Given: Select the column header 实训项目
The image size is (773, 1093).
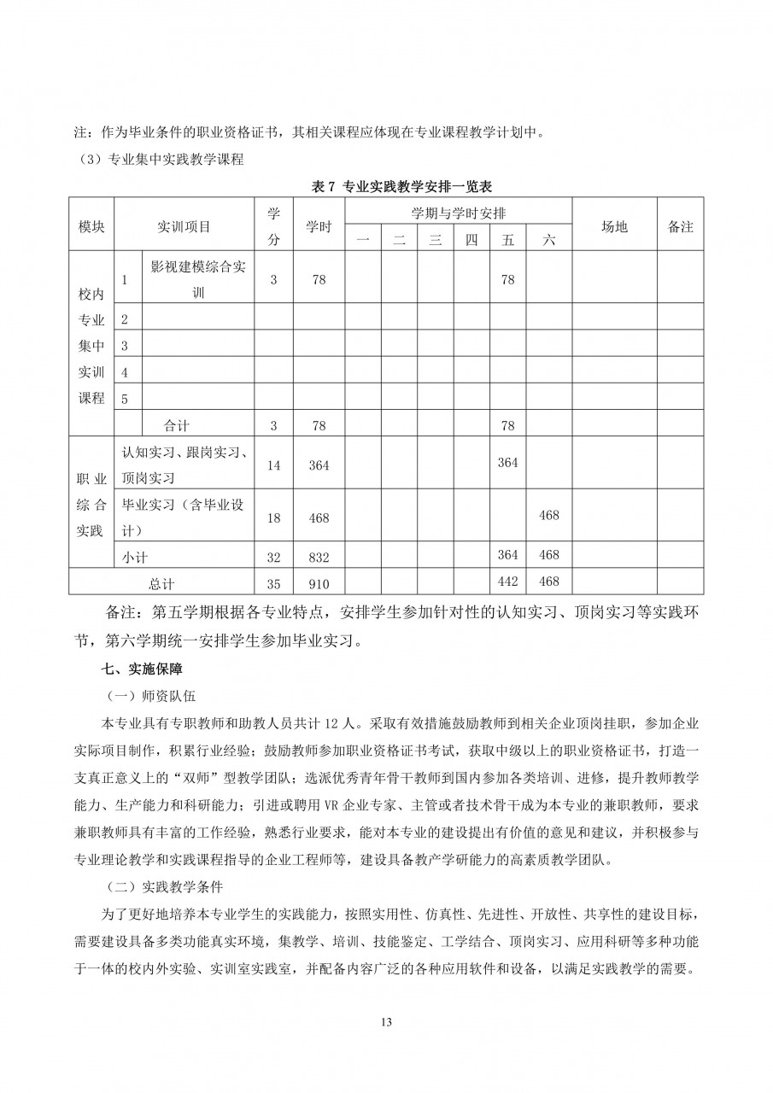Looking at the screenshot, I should click(x=184, y=226).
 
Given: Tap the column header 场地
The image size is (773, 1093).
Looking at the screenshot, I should click(x=613, y=226).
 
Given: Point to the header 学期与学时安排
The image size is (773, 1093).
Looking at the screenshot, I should click(x=457, y=213).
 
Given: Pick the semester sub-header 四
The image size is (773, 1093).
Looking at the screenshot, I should click(x=471, y=241).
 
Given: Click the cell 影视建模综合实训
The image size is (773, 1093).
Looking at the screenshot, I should click(x=197, y=279).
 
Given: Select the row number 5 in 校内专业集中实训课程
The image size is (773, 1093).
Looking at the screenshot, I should click(x=126, y=398).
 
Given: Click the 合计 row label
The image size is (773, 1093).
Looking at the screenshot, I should click(x=177, y=425).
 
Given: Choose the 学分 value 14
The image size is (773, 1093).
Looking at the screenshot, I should click(x=273, y=465).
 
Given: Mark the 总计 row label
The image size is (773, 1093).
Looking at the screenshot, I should click(x=161, y=584).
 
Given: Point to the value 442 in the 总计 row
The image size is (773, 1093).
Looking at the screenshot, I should click(x=507, y=582).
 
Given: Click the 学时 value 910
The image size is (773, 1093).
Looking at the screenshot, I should click(x=319, y=584).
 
